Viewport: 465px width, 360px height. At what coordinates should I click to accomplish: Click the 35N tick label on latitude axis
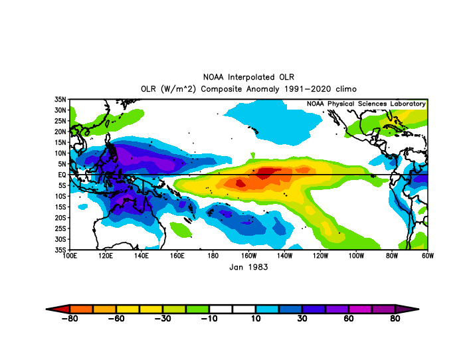point(60,100)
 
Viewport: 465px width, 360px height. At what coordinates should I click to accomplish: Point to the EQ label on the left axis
point(62,175)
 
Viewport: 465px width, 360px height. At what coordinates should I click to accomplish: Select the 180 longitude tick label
point(213,256)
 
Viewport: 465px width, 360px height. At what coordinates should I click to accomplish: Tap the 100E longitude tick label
point(70,256)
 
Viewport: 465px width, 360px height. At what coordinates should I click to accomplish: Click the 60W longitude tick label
point(428,256)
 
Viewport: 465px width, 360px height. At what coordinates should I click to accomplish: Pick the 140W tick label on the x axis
point(284,256)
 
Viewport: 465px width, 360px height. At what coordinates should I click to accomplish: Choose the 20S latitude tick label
point(60,218)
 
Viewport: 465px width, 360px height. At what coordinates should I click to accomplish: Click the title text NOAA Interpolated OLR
point(248,77)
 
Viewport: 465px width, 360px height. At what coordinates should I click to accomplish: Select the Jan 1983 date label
point(248,267)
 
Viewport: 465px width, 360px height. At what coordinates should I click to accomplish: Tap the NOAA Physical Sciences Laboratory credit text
point(366,104)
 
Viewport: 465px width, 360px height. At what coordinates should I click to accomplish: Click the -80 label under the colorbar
point(70,319)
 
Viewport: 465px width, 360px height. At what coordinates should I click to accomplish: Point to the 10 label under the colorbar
point(256,319)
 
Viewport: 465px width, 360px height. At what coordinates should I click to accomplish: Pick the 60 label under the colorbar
point(349,319)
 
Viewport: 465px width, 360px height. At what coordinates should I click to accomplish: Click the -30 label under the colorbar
point(163,319)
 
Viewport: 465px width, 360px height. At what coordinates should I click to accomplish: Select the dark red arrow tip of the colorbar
point(46,310)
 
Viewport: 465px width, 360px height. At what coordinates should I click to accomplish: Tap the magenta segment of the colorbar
point(360,310)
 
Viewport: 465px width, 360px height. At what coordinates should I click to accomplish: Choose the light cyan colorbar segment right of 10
point(267,310)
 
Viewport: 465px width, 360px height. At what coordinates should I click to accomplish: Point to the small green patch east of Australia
point(181,230)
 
